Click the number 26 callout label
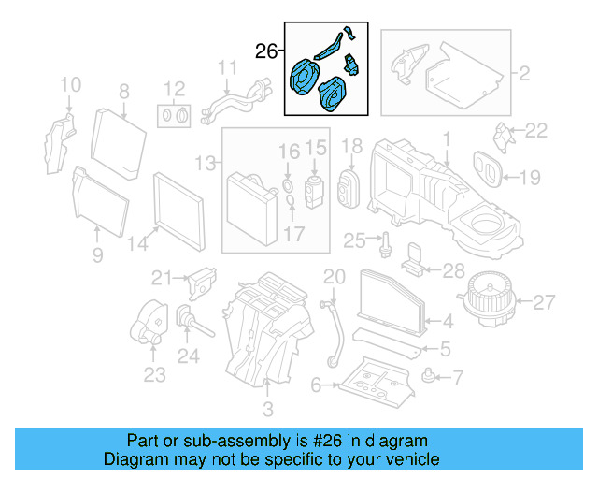tap(266, 51)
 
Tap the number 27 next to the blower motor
tap(544, 301)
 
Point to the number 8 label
tap(123, 91)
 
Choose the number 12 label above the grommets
tap(175, 90)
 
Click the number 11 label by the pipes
tap(227, 68)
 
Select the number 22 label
tap(535, 129)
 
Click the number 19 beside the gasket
tap(529, 176)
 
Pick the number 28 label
tap(452, 271)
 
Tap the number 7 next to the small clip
tap(457, 378)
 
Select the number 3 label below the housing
tap(267, 409)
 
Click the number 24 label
tap(189, 356)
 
